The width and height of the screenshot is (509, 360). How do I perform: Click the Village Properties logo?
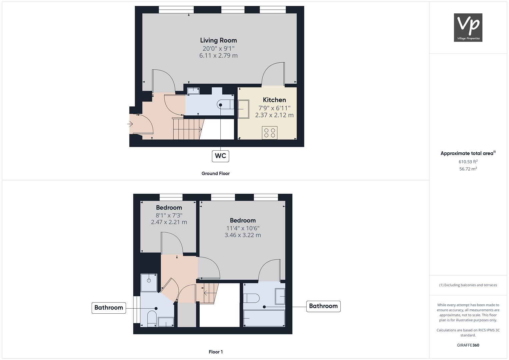468,27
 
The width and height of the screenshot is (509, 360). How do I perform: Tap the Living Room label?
218,40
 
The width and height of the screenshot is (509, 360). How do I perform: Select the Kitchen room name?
274,100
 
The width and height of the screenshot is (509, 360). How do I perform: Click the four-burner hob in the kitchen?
270,132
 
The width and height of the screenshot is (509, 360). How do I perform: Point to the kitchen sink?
243,109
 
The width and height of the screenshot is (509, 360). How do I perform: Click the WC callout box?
220,156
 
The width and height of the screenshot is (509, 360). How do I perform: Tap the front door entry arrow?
130,124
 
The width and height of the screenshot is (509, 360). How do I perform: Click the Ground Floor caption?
215,173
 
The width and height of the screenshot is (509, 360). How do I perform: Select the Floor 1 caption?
215,352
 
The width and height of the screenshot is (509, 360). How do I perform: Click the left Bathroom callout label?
109,308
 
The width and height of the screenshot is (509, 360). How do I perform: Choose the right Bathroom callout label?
323,306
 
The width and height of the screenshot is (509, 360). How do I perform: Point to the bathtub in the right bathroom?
264,318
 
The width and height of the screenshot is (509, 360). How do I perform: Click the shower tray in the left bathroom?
149,283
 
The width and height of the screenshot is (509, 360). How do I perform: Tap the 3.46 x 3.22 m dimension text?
243,235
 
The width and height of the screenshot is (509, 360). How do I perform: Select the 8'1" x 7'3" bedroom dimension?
169,215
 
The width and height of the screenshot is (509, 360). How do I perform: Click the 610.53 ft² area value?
468,162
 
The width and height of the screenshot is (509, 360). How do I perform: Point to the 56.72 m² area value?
468,169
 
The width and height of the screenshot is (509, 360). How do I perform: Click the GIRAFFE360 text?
468,345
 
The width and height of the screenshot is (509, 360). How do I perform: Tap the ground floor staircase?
188,129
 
